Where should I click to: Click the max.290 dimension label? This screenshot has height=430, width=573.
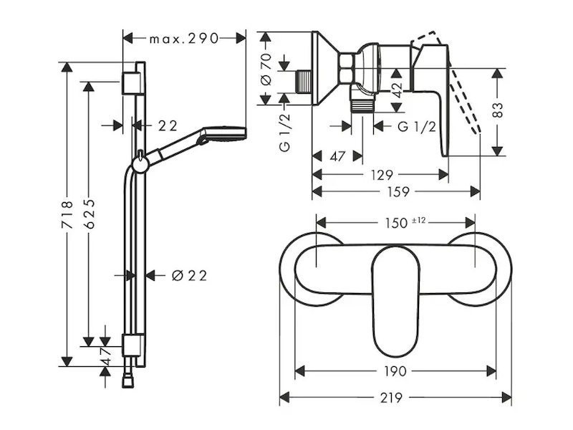(183, 39)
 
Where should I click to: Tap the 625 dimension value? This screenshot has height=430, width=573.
(90, 214)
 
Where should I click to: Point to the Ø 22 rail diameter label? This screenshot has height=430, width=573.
(189, 275)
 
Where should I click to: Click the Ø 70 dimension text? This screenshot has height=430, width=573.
(266, 69)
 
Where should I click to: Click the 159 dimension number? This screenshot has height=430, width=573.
(398, 191)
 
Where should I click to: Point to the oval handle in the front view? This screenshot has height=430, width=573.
(395, 301)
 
